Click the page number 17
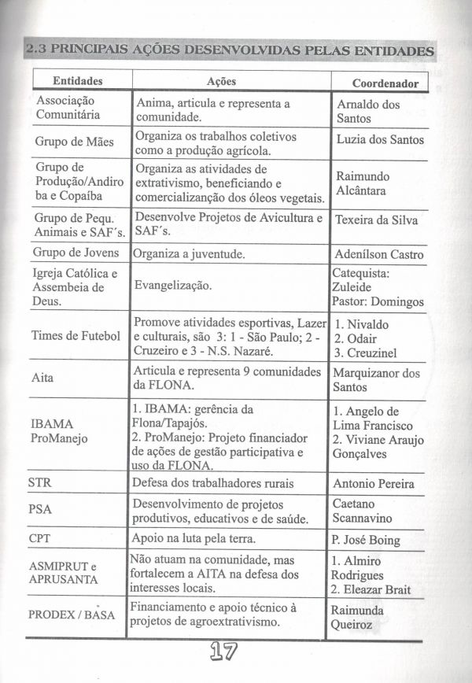coord(226,652)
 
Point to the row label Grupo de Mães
coord(74,142)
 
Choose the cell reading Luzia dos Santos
coord(379,139)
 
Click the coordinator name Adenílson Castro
coord(378,254)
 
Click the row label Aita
coord(42,378)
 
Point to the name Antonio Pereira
coord(373,483)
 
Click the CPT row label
coord(40,539)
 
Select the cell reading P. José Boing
coord(365,541)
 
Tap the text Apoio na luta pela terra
coord(194,539)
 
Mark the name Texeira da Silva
coord(376,220)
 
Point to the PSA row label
coord(40,509)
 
